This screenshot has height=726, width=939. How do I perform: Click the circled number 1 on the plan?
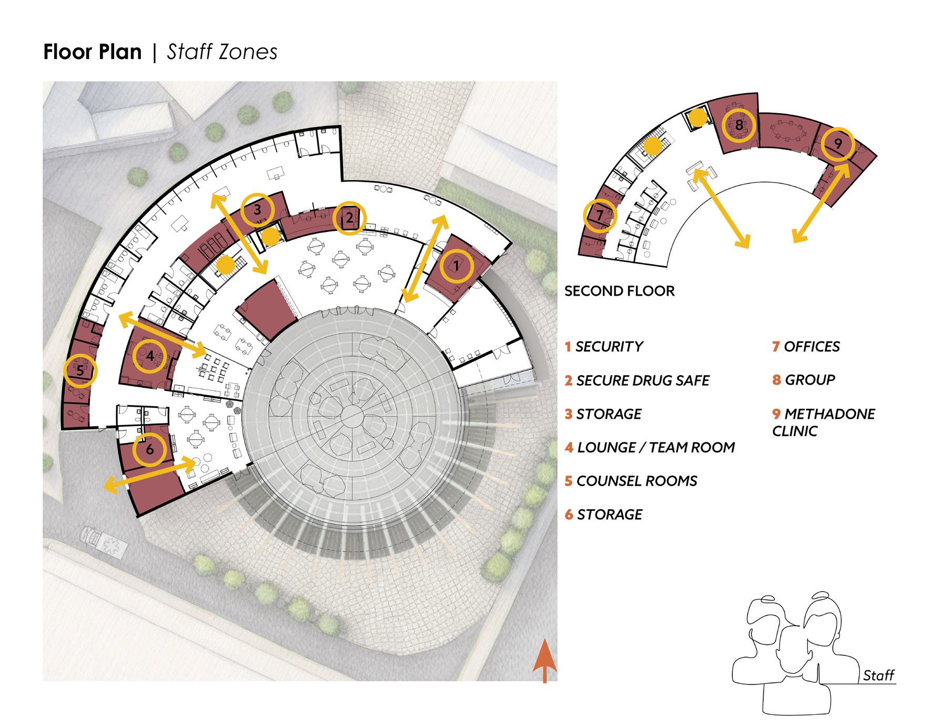tap(457, 266)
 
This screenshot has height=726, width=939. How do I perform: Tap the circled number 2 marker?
tap(350, 218)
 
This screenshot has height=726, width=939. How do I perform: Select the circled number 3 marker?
tap(257, 210)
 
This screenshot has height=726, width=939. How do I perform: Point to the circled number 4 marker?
tap(150, 356)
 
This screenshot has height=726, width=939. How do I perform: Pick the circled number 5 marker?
tap(80, 371)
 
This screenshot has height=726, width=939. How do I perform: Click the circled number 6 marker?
tap(150, 450)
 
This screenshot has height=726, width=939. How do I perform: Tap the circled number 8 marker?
tap(739, 126)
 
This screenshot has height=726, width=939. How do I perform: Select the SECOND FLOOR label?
tap(619, 291)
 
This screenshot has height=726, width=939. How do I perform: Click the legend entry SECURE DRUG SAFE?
tap(637, 380)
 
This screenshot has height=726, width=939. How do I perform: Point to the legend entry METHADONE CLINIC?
tap(823, 422)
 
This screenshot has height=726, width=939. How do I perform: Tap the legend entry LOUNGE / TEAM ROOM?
tap(650, 447)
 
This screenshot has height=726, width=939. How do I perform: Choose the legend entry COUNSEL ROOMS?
tap(631, 481)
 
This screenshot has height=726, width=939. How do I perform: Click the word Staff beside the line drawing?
tap(879, 675)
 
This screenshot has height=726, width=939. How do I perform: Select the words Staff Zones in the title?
tap(222, 52)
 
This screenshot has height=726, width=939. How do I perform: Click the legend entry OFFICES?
tap(806, 347)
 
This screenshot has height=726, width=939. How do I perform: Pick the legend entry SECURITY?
tap(604, 347)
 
